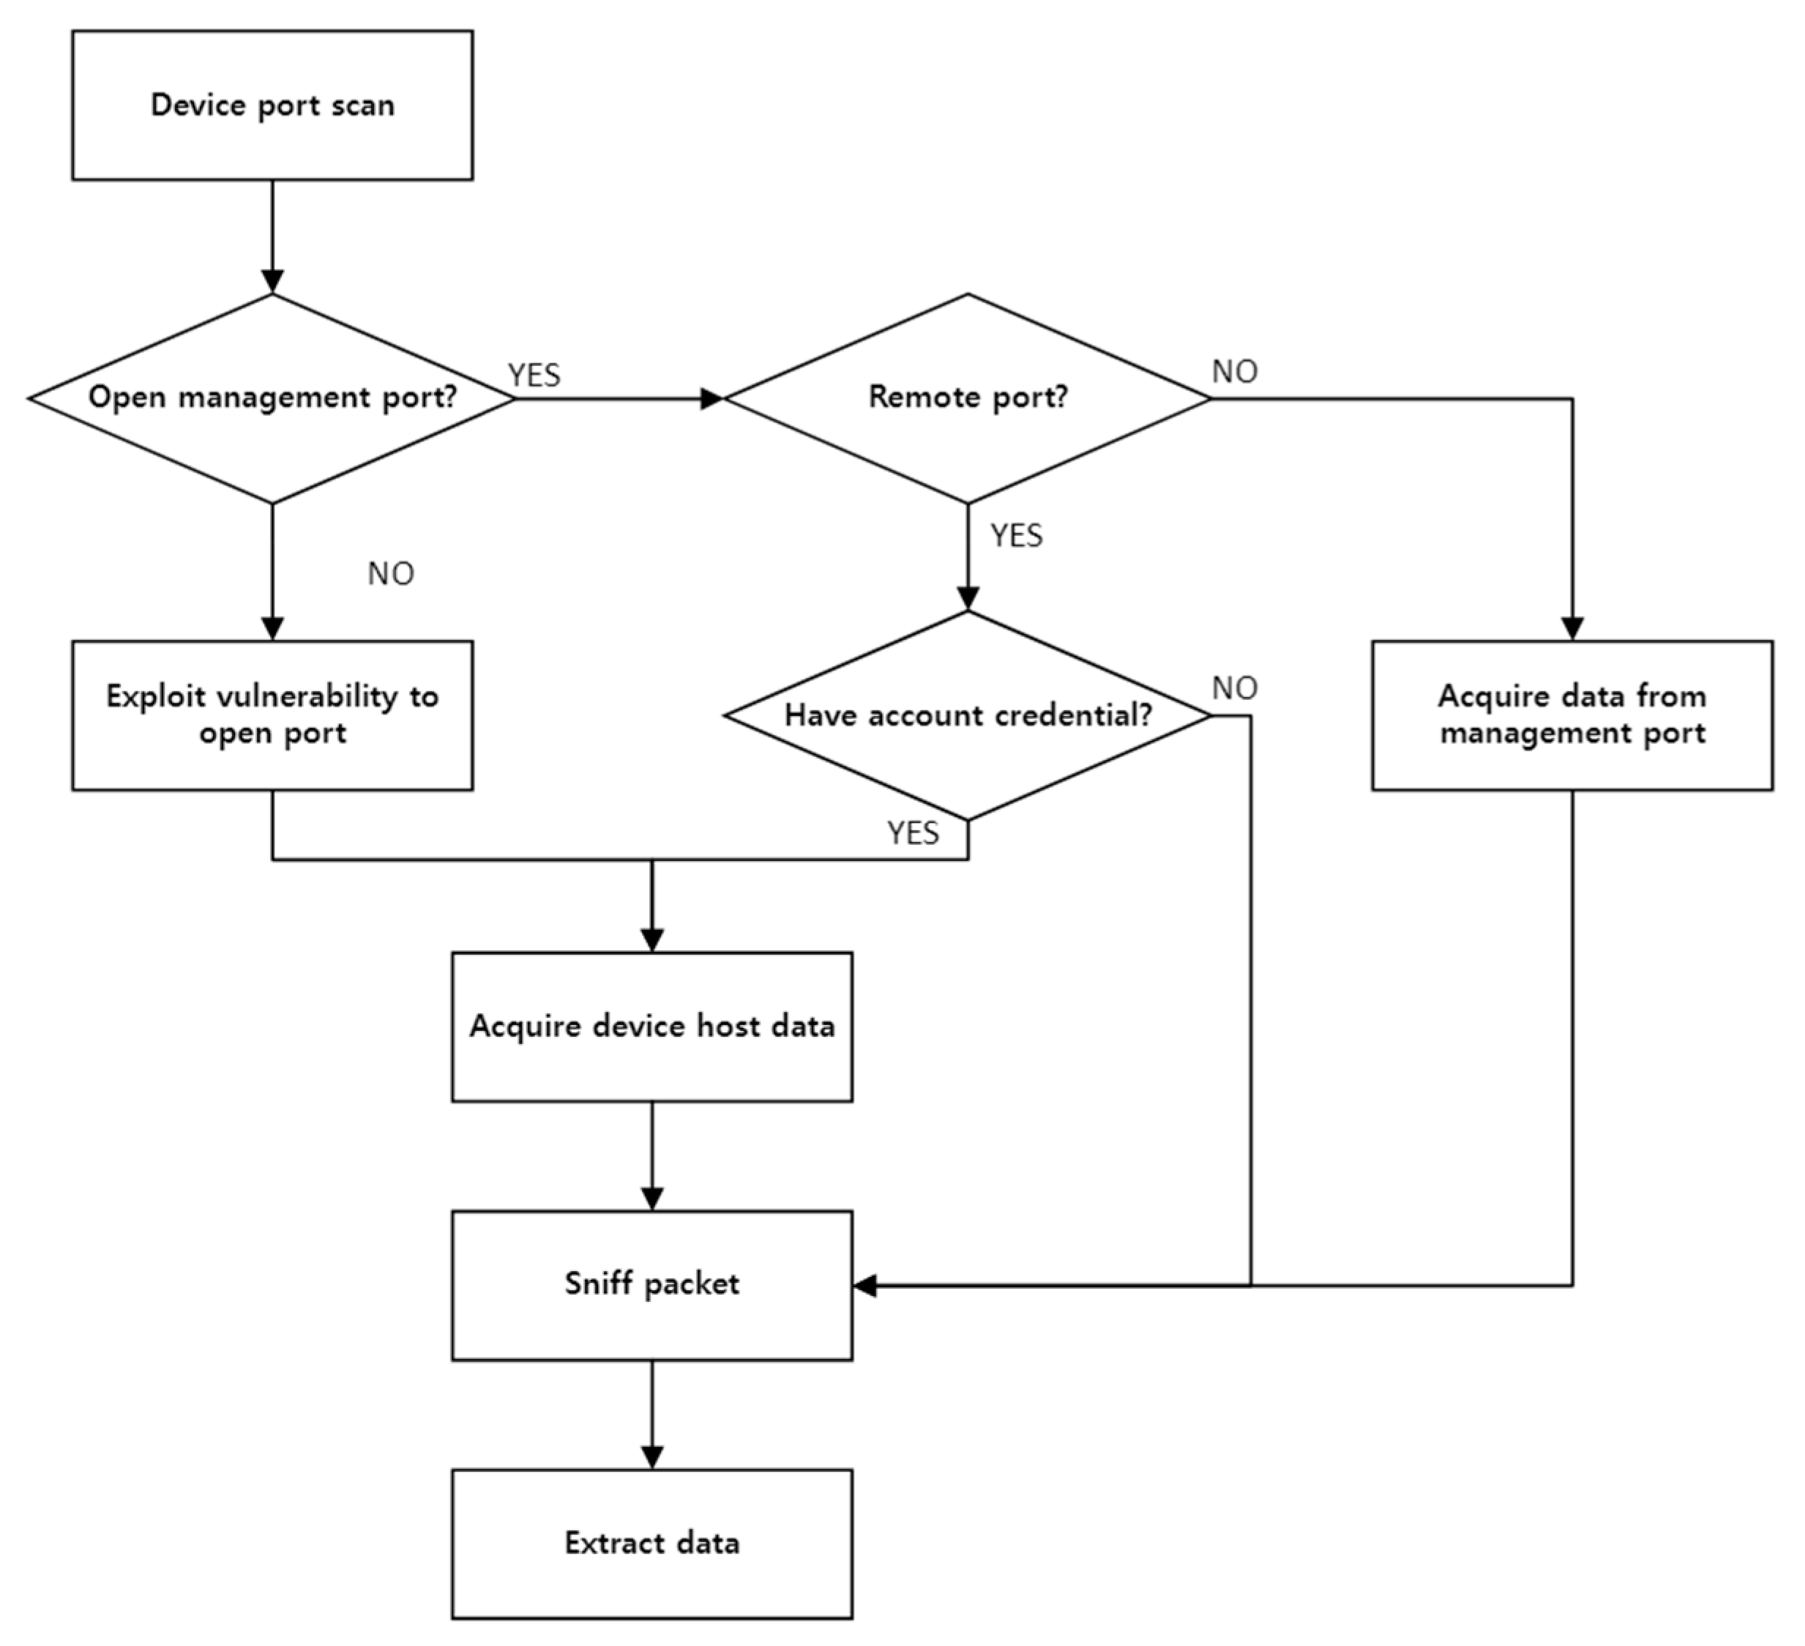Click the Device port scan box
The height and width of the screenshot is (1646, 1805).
(x=272, y=105)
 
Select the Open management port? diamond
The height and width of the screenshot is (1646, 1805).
(x=272, y=398)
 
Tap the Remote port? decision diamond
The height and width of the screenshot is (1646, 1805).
(x=967, y=398)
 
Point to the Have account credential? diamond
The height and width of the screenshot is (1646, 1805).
(x=967, y=715)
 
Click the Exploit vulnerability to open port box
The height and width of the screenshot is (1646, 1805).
(x=272, y=715)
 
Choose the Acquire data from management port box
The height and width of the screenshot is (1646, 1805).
(x=1572, y=715)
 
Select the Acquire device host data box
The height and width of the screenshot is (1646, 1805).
(x=651, y=1027)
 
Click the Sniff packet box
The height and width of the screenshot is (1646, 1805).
(x=651, y=1284)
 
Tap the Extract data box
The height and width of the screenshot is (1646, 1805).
(x=651, y=1543)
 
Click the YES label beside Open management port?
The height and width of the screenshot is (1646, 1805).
(x=534, y=375)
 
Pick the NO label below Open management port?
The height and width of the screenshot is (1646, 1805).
(x=390, y=574)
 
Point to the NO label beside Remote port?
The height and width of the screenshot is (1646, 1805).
(x=1235, y=372)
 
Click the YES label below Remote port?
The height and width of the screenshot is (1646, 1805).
(x=1016, y=535)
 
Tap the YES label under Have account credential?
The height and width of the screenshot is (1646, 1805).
(x=913, y=833)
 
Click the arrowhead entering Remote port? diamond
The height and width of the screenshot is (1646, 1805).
(x=711, y=398)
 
